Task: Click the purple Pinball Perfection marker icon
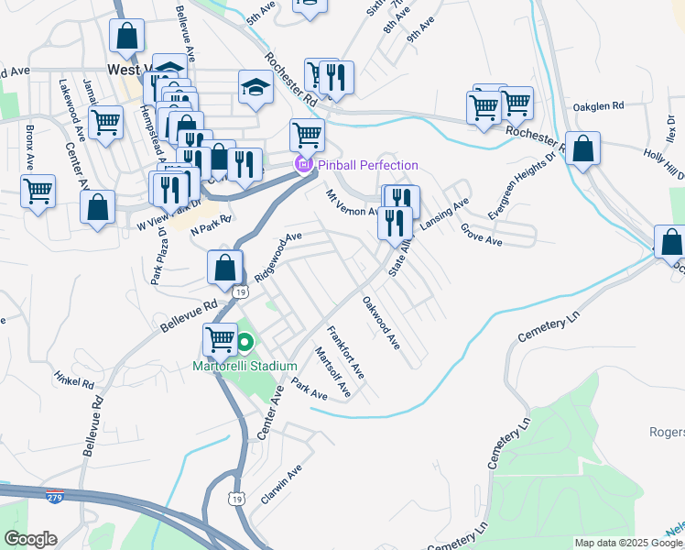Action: click(x=302, y=165)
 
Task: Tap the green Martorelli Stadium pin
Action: click(x=245, y=345)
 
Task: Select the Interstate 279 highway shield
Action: click(x=55, y=497)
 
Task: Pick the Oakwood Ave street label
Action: click(x=381, y=323)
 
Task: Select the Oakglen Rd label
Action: click(x=598, y=107)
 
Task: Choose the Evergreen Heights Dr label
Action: click(x=509, y=197)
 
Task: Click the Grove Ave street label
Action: click(x=482, y=235)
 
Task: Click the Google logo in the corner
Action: click(x=30, y=539)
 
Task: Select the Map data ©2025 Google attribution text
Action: click(x=628, y=543)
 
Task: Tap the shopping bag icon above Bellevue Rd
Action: click(x=225, y=268)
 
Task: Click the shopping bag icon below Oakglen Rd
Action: click(x=582, y=148)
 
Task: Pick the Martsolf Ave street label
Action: click(x=333, y=372)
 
